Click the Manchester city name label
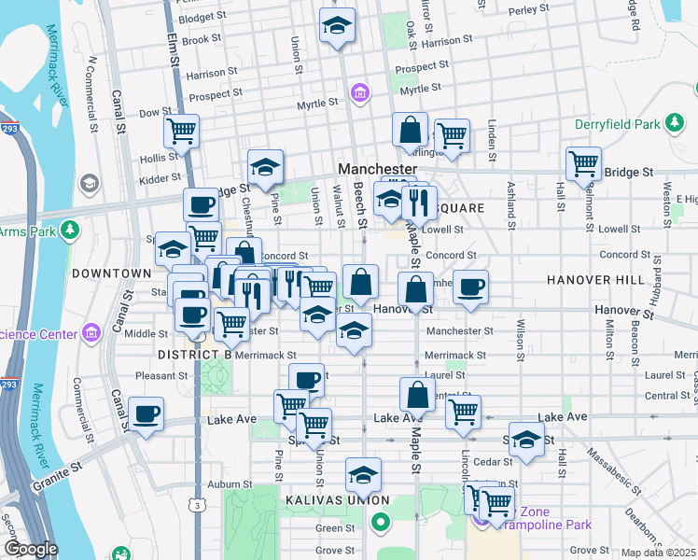[x=377, y=168]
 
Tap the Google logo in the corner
[x=31, y=549]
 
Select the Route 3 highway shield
[x=197, y=505]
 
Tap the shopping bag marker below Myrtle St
[x=410, y=129]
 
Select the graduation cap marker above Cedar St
[x=526, y=440]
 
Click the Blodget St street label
[x=202, y=18]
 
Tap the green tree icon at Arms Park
[x=70, y=230]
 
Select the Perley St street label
[x=529, y=10]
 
